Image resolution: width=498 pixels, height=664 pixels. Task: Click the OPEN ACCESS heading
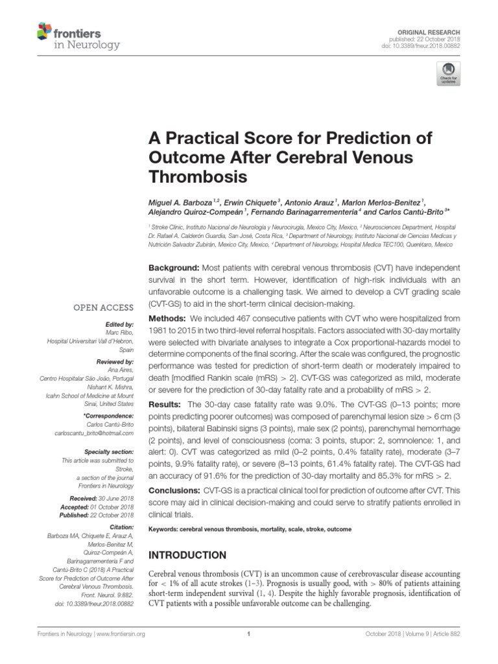point(104,307)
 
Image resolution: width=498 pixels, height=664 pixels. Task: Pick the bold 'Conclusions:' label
point(176,493)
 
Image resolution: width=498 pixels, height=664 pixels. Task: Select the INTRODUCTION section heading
point(188,555)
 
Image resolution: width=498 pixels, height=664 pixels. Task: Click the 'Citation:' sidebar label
point(121,528)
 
